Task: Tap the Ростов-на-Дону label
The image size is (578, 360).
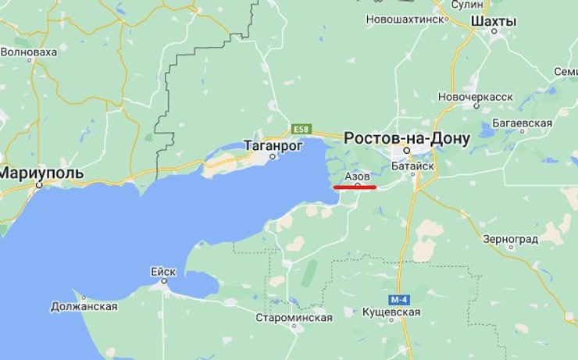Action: click(407, 138)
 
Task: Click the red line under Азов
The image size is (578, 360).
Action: click(355, 187)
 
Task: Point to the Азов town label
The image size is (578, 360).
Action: click(357, 177)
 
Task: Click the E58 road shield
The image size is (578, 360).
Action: click(301, 127)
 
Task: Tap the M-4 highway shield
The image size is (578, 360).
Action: click(399, 300)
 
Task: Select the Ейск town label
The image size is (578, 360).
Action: click(163, 272)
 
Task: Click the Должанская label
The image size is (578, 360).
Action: click(84, 306)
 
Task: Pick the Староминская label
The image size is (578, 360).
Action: click(294, 318)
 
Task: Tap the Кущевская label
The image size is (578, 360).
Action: click(391, 312)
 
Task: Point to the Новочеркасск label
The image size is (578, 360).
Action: click(476, 96)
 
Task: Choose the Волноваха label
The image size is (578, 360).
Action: click(29, 52)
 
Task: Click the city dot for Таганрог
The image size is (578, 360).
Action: click(273, 156)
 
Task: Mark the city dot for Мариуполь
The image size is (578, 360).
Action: click(38, 187)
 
